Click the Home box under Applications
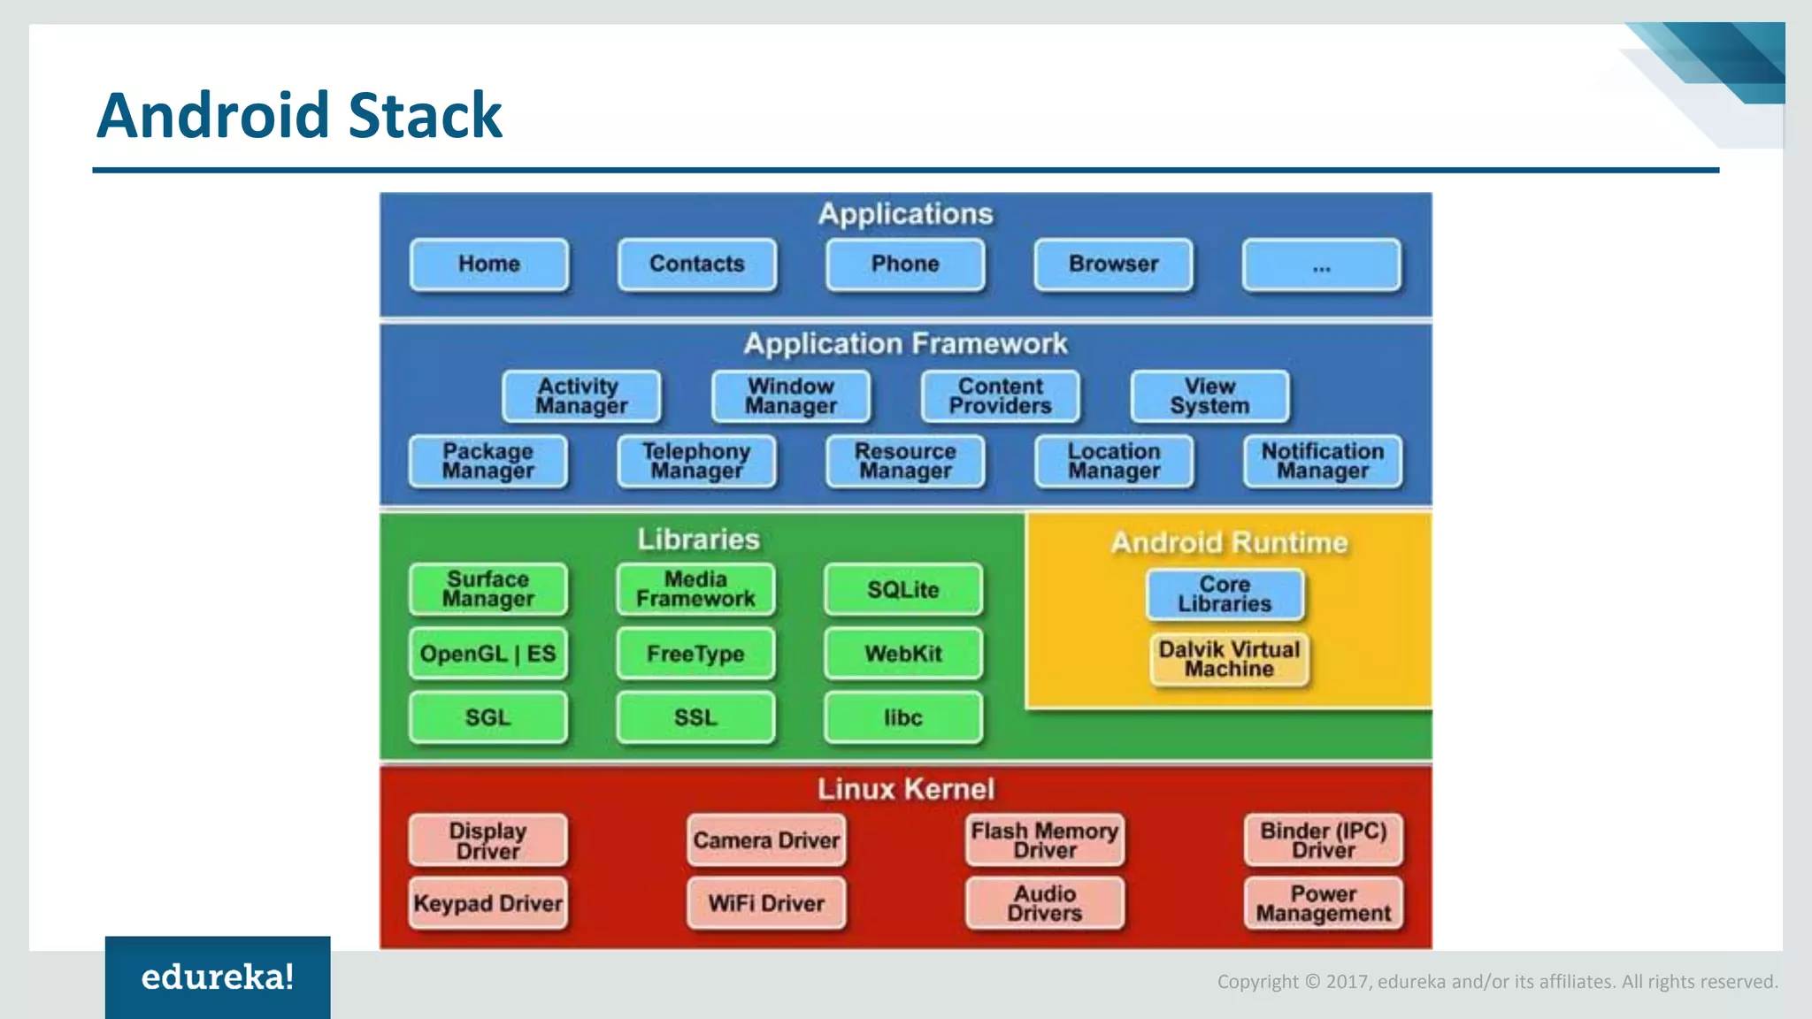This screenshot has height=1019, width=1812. point(489,264)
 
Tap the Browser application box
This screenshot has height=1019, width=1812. point(1113,264)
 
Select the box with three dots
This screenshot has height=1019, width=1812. point(1321,264)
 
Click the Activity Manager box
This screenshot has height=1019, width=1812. point(580,396)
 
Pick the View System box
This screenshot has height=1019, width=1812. point(1209,396)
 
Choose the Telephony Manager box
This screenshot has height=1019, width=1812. point(696,461)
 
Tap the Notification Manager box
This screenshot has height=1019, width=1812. point(1322,461)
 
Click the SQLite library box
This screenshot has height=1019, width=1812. point(902,589)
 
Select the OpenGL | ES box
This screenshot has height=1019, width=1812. point(488,654)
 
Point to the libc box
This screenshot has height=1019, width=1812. point(902,717)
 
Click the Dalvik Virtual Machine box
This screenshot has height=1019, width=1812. point(1229,659)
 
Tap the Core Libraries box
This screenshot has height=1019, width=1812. point(1225,594)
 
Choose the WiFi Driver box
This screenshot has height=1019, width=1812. point(766,903)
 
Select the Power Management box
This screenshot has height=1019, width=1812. point(1323,903)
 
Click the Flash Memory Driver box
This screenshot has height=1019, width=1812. point(1045,839)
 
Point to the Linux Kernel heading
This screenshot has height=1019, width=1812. point(905,789)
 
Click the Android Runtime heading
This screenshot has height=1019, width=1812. point(1229,542)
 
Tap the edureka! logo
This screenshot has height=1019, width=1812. point(218,977)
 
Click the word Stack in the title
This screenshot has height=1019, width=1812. point(425,116)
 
